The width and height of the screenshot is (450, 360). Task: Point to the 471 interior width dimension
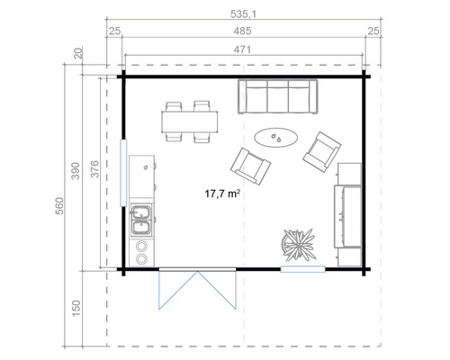tap(244, 51)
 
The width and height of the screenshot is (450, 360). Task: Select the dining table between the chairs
tap(189, 121)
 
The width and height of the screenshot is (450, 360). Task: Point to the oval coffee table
tap(275, 138)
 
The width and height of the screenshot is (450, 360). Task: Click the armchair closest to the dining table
tap(250, 163)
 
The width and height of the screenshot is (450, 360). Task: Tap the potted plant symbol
tap(298, 243)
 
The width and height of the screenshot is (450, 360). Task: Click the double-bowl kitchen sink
tap(141, 214)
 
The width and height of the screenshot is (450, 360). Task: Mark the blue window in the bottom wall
tap(301, 268)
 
